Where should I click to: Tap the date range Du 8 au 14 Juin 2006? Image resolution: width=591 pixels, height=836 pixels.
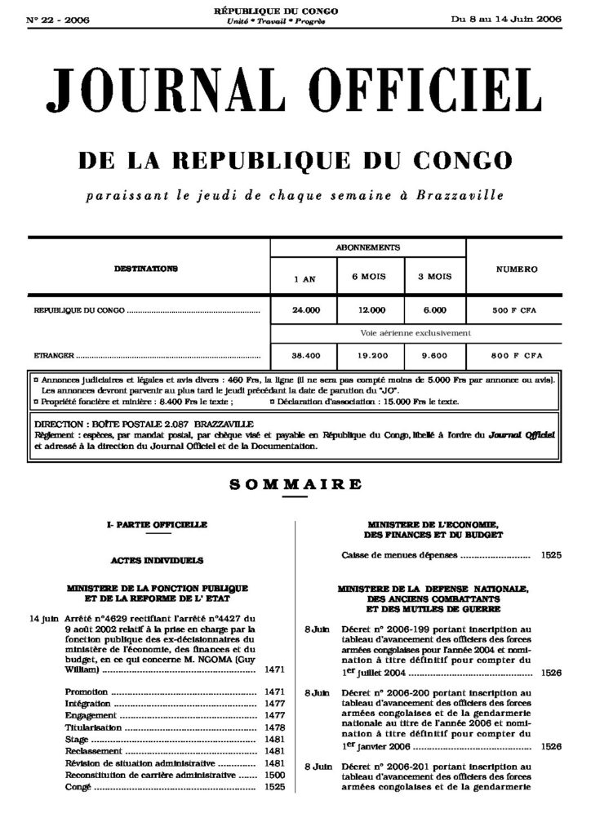point(507,19)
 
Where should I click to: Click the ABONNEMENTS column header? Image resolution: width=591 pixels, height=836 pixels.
point(367,247)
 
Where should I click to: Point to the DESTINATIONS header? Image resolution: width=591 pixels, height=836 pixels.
point(147,268)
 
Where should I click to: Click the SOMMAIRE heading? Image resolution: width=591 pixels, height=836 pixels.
point(295,484)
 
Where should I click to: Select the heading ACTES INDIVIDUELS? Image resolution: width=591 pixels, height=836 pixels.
point(156,561)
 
